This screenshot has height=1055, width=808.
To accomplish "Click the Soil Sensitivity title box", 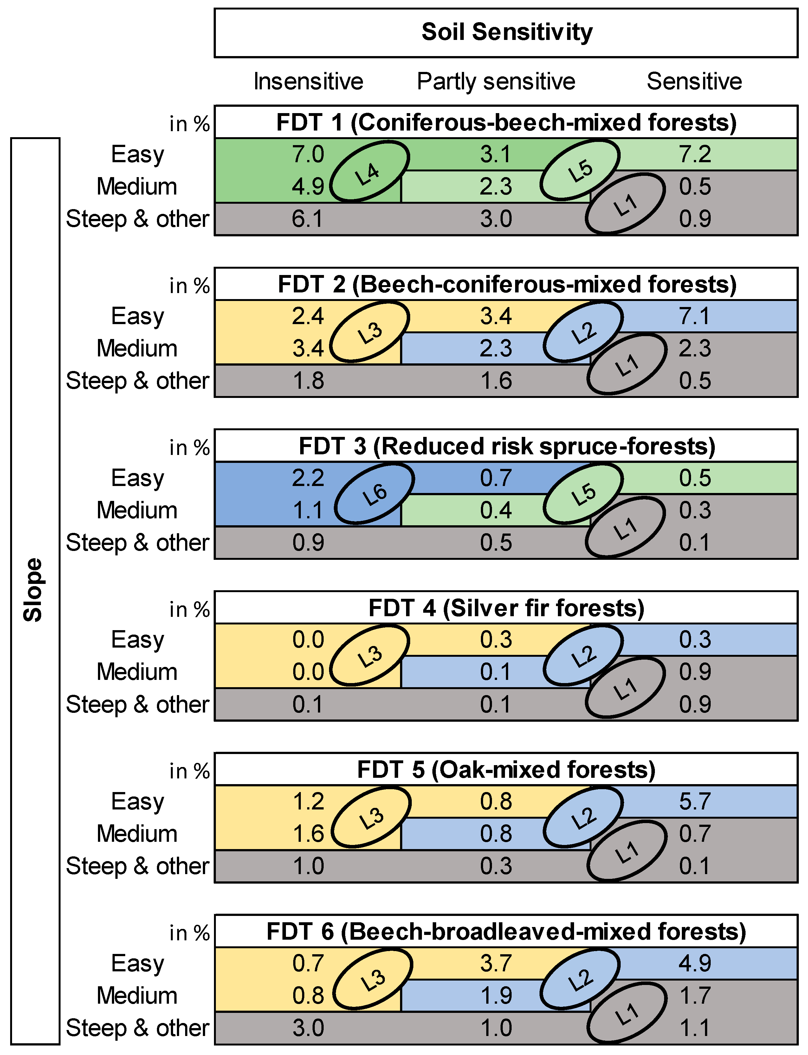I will click(506, 33).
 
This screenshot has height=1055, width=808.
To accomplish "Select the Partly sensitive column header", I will click(496, 81).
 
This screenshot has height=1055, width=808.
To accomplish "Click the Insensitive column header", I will click(308, 81).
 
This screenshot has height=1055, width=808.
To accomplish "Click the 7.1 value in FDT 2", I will click(695, 316).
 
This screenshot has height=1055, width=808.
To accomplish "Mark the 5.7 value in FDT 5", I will click(695, 801).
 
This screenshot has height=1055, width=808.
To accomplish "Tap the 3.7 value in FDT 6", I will click(496, 963).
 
